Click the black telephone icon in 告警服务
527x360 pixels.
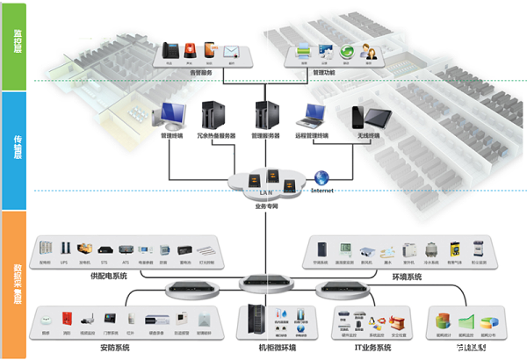(170, 50)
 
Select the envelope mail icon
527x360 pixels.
(232, 51)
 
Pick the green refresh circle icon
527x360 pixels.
(348, 51)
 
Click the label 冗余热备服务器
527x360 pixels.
(213, 136)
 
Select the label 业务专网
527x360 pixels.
(265, 207)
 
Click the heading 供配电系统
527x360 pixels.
(109, 277)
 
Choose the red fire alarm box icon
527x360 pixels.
(66, 318)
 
